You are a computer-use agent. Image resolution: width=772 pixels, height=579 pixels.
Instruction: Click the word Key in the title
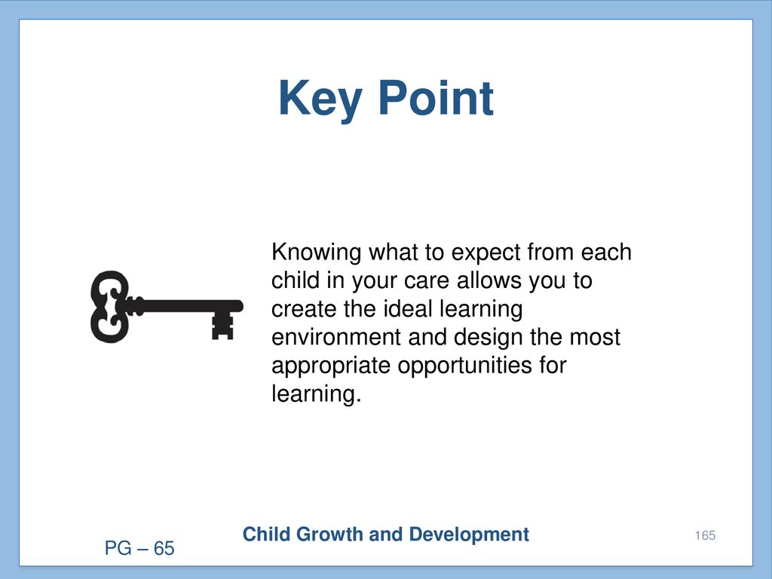pos(320,100)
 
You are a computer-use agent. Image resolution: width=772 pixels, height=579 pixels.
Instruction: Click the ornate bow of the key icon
pos(110,306)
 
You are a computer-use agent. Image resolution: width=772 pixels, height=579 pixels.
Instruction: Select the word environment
pos(335,337)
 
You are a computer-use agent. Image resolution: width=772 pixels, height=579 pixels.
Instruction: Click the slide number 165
pos(705,535)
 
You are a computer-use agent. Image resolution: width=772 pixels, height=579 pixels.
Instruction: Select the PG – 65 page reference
pos(139,548)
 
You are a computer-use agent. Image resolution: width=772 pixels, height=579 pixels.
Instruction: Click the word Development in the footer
pos(469,535)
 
